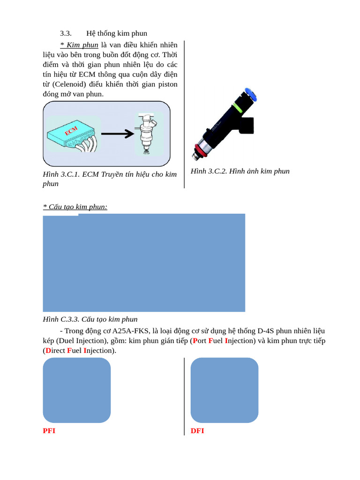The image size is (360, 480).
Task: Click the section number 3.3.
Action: (x=66, y=33)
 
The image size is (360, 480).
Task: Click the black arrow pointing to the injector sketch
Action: (x=117, y=134)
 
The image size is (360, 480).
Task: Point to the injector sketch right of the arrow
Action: (x=147, y=133)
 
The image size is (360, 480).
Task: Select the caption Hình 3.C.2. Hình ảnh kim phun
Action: (x=240, y=171)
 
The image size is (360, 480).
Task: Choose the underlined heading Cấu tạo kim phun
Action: (x=75, y=207)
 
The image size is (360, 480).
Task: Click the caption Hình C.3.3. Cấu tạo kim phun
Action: (x=90, y=319)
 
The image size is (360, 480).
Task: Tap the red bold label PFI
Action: (x=49, y=431)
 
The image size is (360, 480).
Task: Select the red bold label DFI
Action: (x=197, y=431)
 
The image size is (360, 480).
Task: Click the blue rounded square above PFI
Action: (x=77, y=390)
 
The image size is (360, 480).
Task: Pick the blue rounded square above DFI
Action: (x=225, y=390)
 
